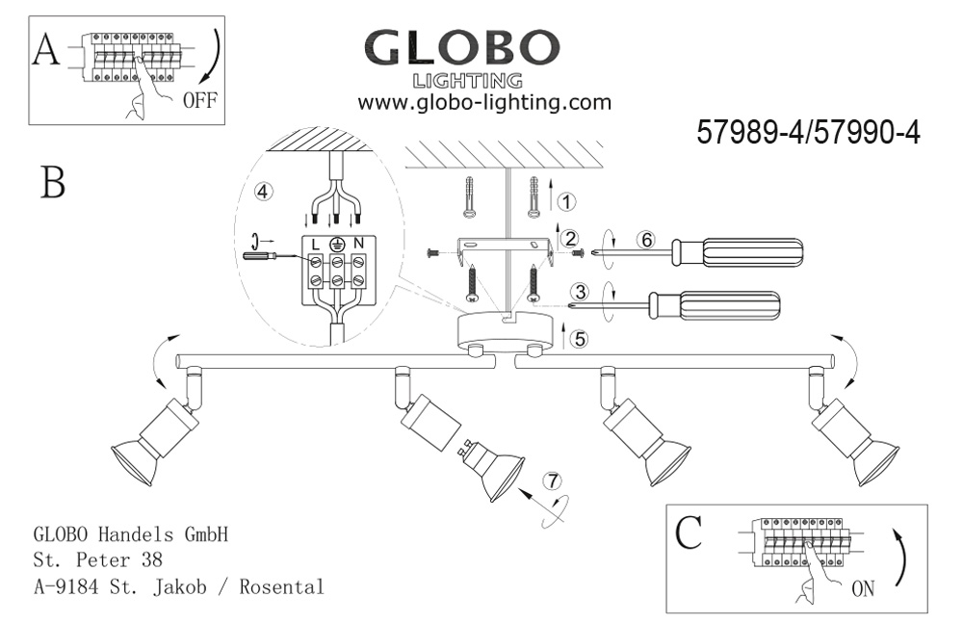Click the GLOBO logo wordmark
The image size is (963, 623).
[461, 48]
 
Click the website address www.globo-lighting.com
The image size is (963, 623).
[484, 102]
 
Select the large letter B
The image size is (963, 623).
[53, 182]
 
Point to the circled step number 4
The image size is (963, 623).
[262, 191]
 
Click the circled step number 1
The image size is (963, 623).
[567, 202]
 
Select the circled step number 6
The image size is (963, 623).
[647, 242]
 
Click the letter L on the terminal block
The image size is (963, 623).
[316, 245]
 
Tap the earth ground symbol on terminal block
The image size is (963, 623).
[337, 245]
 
